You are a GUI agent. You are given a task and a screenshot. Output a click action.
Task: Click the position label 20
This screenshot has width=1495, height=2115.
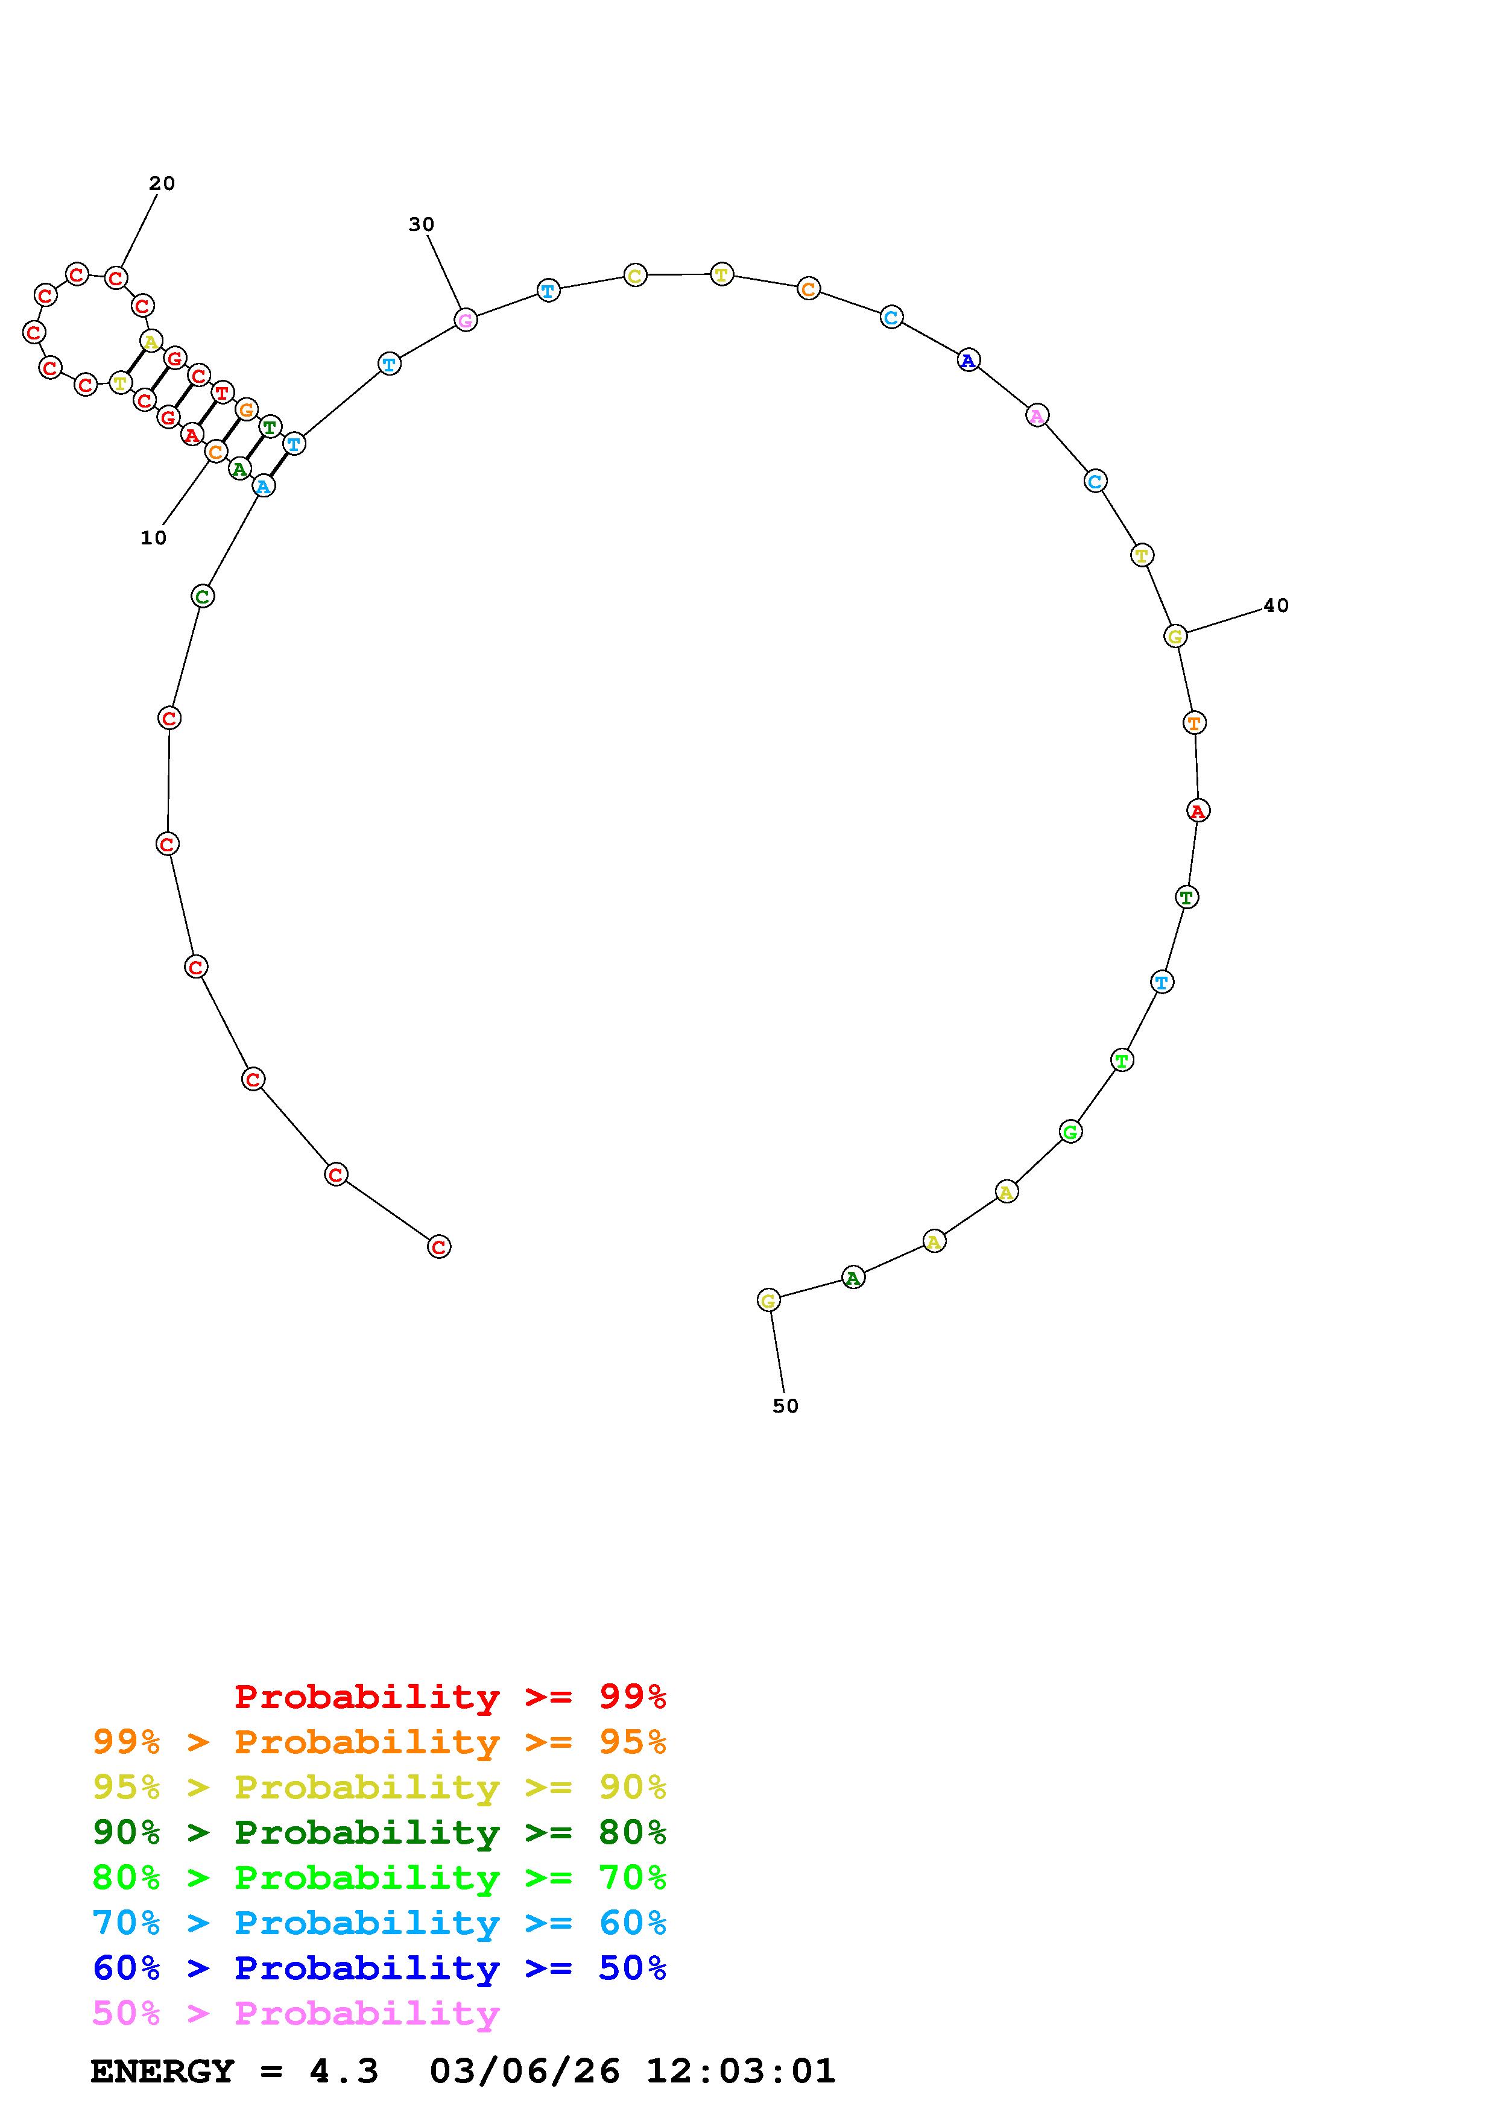point(162,183)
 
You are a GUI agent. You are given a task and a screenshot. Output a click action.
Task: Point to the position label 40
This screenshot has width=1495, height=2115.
point(1275,605)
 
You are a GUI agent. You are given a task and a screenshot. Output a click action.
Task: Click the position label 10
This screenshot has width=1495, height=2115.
point(154,538)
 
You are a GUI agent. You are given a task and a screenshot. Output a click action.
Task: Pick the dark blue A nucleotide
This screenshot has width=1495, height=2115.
point(968,360)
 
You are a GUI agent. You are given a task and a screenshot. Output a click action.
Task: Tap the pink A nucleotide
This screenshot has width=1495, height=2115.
point(1037,415)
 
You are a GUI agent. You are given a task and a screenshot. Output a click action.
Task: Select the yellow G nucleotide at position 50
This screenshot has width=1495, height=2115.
point(768,1300)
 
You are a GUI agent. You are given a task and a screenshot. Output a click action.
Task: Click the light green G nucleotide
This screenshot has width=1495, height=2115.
point(1070,1132)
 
